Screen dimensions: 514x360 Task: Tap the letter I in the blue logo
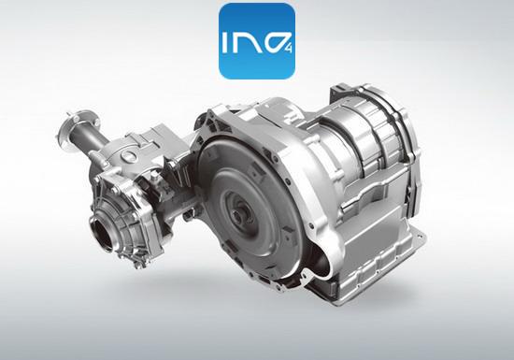tap(226, 42)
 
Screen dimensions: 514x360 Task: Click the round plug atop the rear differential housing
tap(126, 155)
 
